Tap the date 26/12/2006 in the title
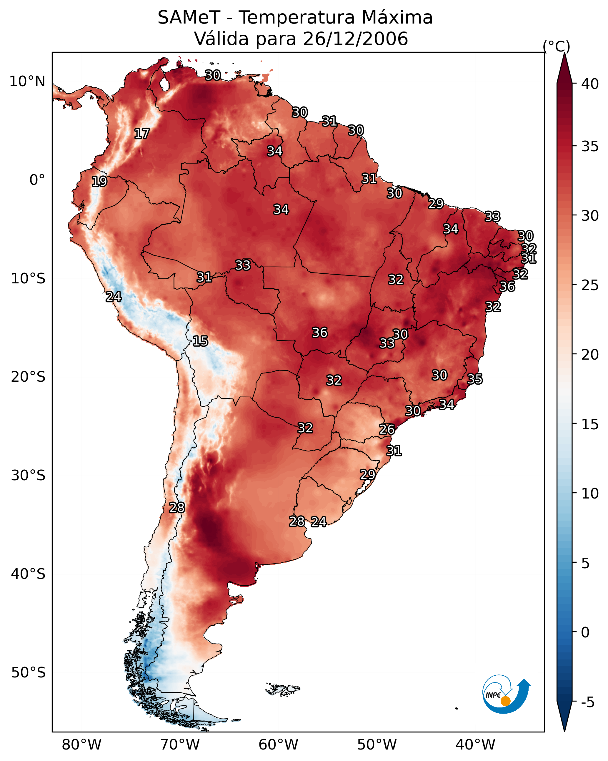(355, 39)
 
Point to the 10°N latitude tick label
(27, 82)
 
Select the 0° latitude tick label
(37, 180)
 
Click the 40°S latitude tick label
(28, 574)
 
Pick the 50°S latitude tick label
(28, 672)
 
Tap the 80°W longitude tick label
(81, 745)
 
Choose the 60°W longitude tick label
(279, 745)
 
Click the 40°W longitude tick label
(475, 745)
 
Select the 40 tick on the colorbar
(590, 84)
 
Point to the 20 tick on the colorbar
(590, 354)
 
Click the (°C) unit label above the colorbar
(557, 46)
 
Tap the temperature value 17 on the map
(142, 134)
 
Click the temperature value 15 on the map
(200, 341)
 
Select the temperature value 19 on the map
(99, 182)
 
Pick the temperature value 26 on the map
(387, 429)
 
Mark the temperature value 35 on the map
(475, 379)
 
